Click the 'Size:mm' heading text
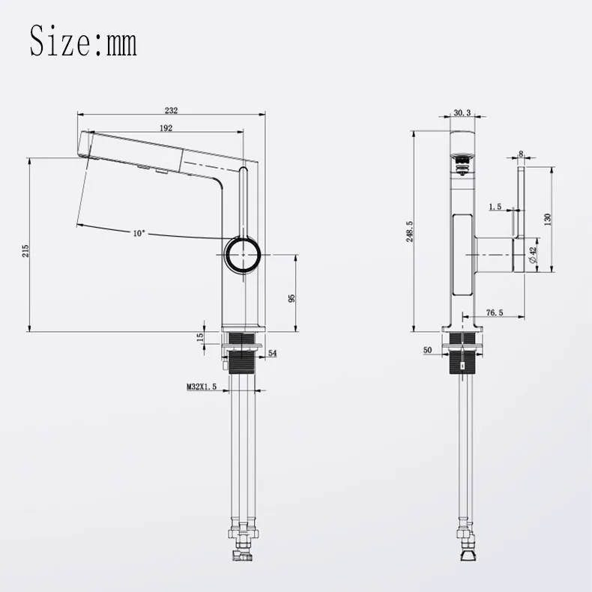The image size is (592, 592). click(x=83, y=40)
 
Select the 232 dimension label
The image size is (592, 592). click(x=171, y=110)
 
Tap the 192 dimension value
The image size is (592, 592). click(x=166, y=128)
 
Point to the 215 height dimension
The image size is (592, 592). click(x=25, y=251)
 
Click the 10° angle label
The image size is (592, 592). click(x=139, y=233)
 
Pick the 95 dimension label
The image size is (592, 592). click(x=291, y=298)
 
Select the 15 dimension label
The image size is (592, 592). click(x=200, y=335)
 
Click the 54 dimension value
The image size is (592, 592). click(x=272, y=353)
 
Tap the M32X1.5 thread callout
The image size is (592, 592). click(x=202, y=387)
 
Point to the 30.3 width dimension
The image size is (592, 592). click(x=462, y=112)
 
